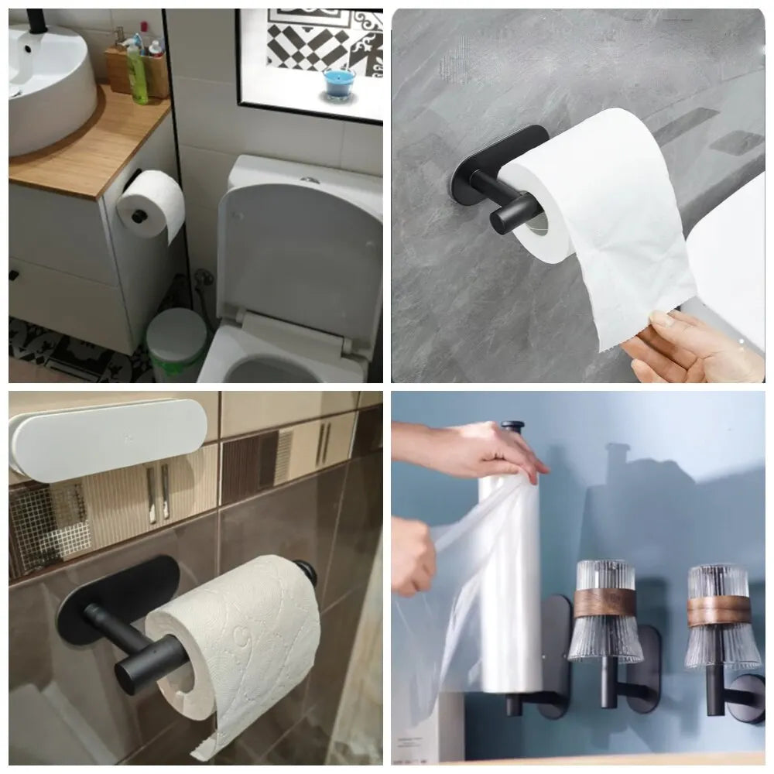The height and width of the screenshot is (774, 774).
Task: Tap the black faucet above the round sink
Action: [x=35, y=19]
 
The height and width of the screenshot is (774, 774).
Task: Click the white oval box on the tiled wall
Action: [x=108, y=438]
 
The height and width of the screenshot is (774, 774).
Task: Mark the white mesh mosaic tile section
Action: [x=46, y=526]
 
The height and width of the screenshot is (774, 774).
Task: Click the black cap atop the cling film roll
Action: [x=512, y=427]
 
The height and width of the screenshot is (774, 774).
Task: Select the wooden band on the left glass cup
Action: [x=602, y=602]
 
